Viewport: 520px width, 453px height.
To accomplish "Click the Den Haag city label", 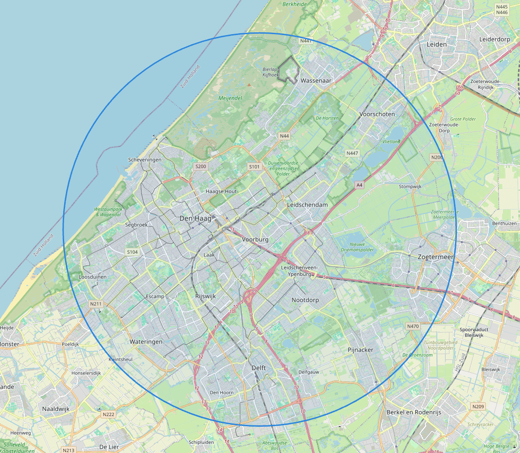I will (195, 219).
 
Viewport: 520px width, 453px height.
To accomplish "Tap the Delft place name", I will (259, 368).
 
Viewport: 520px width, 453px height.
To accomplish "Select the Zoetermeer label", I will (436, 257).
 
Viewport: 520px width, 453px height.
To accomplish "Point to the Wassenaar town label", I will (316, 80).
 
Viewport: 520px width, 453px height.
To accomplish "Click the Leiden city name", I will (437, 44).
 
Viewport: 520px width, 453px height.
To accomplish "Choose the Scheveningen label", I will (145, 160).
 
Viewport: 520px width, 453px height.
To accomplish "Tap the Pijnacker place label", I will (360, 350).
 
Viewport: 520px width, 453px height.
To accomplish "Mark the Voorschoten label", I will (377, 114).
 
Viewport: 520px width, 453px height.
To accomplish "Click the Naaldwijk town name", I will (55, 409).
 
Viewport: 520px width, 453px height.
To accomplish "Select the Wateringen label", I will (146, 342).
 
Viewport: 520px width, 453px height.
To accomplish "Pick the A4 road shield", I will (359, 185).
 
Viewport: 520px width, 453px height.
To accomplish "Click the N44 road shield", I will (284, 136).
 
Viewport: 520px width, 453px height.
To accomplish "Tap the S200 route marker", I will (201, 166).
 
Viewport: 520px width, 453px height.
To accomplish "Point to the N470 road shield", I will (412, 326).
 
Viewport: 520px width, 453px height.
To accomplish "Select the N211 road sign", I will (96, 304).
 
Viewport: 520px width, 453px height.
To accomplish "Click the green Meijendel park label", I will (230, 98).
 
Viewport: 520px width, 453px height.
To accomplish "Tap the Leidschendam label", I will (307, 204).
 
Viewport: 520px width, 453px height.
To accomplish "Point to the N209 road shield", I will (478, 406).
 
